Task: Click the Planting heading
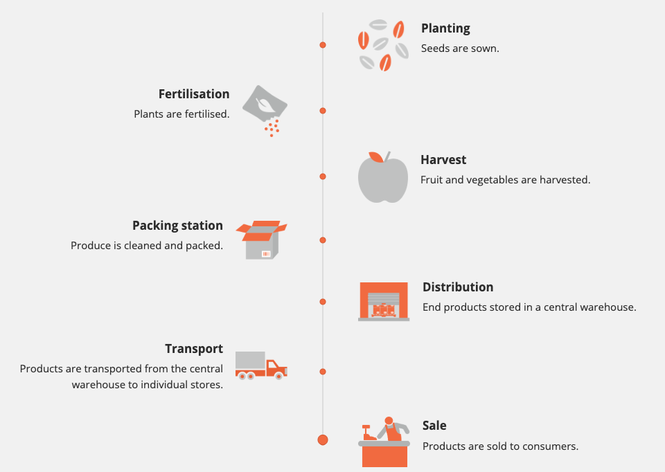pos(445,28)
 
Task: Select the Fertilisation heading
pos(193,94)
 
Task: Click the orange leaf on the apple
pos(375,157)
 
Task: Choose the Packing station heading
pos(177,226)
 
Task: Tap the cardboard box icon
pos(261,240)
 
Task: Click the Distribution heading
pos(458,287)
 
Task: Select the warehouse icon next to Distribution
pos(384,302)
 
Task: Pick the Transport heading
pos(194,349)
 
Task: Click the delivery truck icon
pos(260,365)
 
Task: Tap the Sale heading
pos(434,426)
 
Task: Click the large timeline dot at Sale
pos(323,439)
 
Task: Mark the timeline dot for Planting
pos(323,45)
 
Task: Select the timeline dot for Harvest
pos(323,176)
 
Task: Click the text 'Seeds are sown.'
pos(460,48)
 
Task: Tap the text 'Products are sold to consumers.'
pos(500,446)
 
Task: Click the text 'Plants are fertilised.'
pos(181,114)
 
